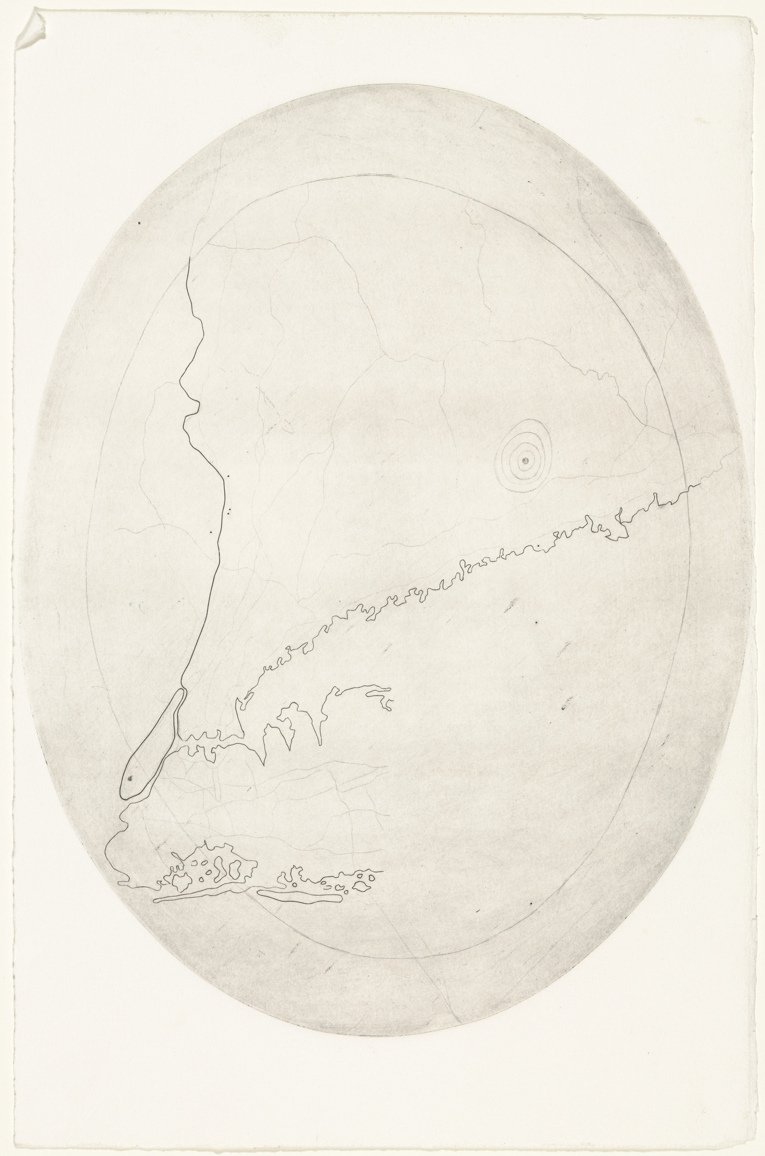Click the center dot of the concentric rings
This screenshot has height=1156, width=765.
[525, 460]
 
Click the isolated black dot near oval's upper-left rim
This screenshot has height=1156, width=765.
[139, 221]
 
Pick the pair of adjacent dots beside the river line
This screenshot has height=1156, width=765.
[231, 510]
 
